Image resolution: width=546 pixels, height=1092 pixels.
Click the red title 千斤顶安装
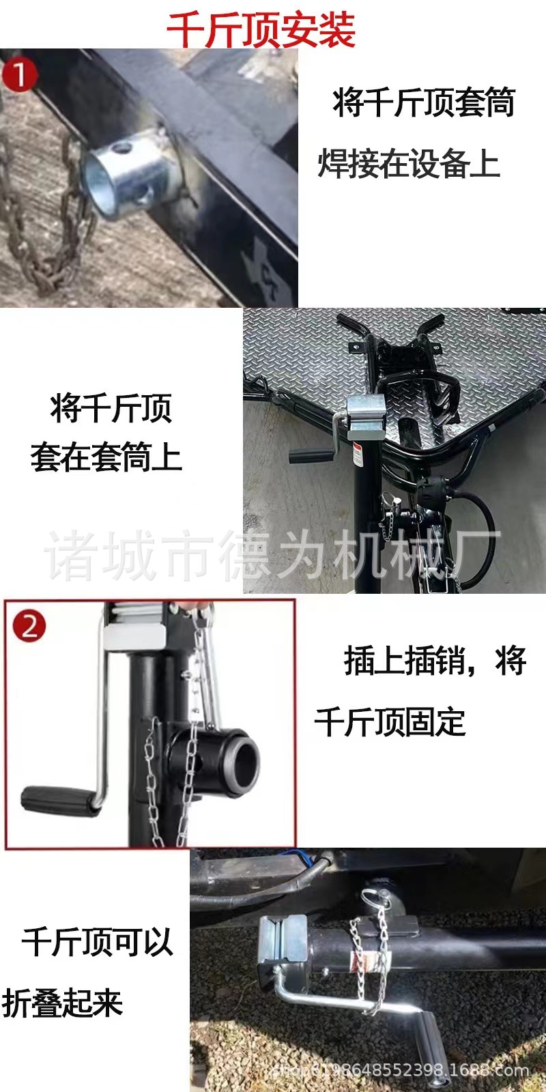(x=261, y=29)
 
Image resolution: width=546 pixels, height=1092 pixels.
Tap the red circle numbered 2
(x=29, y=625)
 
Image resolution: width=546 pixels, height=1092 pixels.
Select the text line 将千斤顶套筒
(x=423, y=104)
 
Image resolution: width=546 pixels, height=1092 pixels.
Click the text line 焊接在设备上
(x=409, y=164)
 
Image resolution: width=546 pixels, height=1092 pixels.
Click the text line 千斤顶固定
(x=390, y=722)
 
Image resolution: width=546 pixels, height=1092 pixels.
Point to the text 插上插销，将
(x=435, y=661)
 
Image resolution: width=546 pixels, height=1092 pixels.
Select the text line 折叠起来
(x=63, y=1004)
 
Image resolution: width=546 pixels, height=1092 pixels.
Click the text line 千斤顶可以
(x=98, y=943)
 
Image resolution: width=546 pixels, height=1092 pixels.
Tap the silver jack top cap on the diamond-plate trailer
(x=366, y=417)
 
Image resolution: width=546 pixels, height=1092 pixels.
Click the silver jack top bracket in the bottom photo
(x=281, y=942)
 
